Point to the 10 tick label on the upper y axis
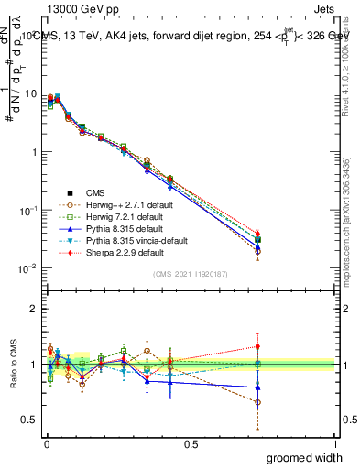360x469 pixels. [x=29, y=93]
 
